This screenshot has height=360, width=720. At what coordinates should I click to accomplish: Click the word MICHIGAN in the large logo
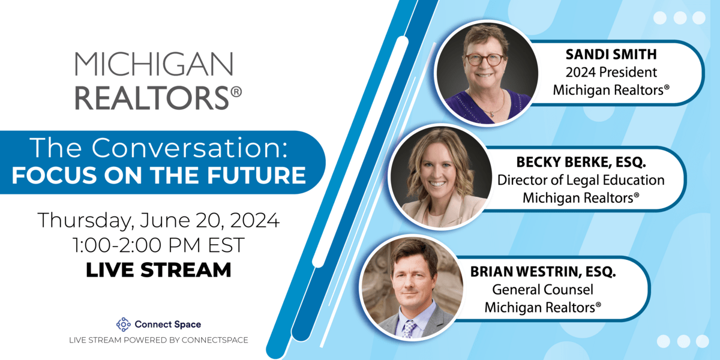pyautogui.click(x=154, y=64)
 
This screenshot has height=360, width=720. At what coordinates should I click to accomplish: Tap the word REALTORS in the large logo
pyautogui.click(x=152, y=98)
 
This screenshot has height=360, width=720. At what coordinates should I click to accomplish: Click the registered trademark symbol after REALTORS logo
pyautogui.click(x=236, y=92)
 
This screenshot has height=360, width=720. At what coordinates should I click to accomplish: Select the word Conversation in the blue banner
pyautogui.click(x=190, y=148)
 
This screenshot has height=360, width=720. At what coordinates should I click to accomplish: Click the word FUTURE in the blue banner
pyautogui.click(x=256, y=175)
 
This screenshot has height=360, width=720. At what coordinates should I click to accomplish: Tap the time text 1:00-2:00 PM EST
pyautogui.click(x=158, y=245)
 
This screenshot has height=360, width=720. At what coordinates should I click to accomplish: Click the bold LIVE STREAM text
pyautogui.click(x=158, y=269)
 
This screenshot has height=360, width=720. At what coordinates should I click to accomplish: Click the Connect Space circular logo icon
pyautogui.click(x=124, y=325)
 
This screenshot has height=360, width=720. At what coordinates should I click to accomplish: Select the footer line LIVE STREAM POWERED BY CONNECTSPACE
pyautogui.click(x=158, y=340)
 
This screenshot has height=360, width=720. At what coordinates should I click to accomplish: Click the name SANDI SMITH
pyautogui.click(x=611, y=55)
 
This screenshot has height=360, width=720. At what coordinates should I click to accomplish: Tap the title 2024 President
pyautogui.click(x=611, y=73)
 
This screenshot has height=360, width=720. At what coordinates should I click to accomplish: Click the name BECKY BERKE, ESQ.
pyautogui.click(x=581, y=162)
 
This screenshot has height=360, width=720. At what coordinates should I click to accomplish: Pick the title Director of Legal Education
pyautogui.click(x=581, y=180)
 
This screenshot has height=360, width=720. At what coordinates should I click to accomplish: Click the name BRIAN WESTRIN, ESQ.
pyautogui.click(x=543, y=272)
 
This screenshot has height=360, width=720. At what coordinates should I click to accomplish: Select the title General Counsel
pyautogui.click(x=542, y=290)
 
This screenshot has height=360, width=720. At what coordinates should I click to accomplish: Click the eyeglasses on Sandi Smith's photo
pyautogui.click(x=485, y=59)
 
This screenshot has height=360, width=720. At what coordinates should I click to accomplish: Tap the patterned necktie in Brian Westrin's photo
pyautogui.click(x=409, y=329)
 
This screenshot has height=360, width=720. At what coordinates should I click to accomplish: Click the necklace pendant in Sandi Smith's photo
pyautogui.click(x=492, y=113)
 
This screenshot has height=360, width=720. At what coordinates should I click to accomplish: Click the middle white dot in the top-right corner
pyautogui.click(x=680, y=17)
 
